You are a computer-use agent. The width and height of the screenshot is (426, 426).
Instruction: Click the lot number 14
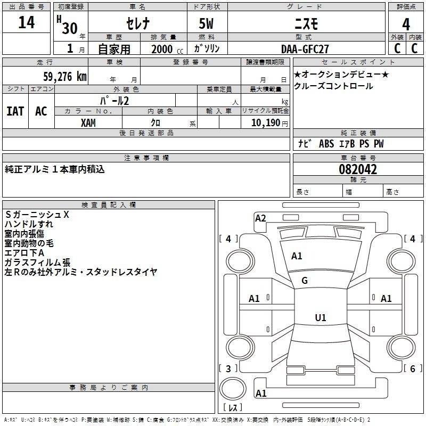(x=26, y=22)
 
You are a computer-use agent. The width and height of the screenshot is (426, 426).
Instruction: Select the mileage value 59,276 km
(x=65, y=77)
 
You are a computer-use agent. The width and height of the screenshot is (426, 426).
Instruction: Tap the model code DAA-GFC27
(x=305, y=49)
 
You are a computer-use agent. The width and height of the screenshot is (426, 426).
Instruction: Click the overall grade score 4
(x=406, y=24)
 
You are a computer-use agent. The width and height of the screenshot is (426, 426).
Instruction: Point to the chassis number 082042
(x=358, y=169)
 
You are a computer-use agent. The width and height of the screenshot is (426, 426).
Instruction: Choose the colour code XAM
(x=88, y=123)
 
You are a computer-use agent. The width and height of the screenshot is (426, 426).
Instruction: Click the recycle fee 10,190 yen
(x=269, y=123)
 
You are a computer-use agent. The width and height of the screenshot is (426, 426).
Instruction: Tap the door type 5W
(x=206, y=23)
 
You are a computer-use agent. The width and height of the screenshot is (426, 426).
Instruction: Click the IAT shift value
(x=15, y=111)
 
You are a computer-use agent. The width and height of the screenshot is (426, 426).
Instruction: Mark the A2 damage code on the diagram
(x=260, y=218)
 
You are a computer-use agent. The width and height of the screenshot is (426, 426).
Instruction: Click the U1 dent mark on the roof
(x=321, y=317)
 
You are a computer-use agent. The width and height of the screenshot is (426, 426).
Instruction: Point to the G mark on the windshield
(x=305, y=281)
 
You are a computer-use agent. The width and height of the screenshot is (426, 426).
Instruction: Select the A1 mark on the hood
(x=297, y=256)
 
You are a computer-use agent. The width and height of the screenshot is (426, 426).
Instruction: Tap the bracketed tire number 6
(x=412, y=368)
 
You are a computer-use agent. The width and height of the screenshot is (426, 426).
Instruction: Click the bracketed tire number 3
(x=228, y=368)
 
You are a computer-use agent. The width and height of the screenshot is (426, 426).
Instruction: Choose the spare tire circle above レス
(x=233, y=389)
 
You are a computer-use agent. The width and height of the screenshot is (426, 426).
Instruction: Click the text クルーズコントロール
(x=333, y=86)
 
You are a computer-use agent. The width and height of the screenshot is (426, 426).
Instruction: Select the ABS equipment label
(x=326, y=144)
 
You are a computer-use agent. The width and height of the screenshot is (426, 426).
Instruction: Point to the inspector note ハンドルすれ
(x=29, y=224)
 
